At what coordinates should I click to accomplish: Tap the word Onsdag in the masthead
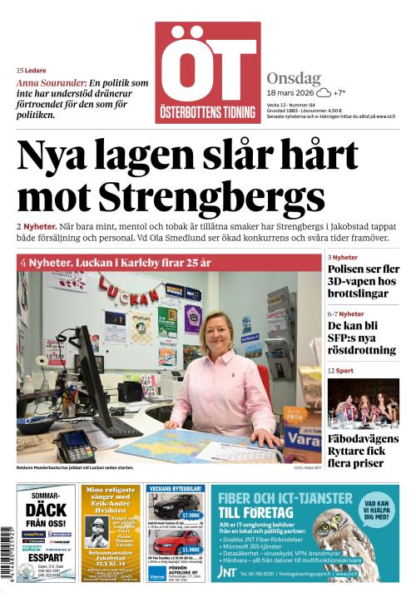(x=294, y=78)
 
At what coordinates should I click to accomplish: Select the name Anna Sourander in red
(x=51, y=83)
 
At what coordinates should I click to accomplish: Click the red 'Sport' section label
(x=344, y=371)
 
